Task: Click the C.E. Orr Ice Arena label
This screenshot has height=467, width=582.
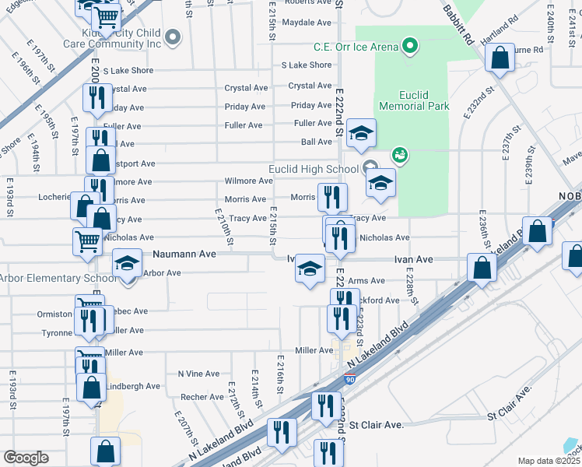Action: coord(356,47)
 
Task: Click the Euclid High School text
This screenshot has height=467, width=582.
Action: coord(313,169)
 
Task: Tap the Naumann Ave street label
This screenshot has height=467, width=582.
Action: coord(184,254)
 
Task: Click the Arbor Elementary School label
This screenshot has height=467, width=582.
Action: coord(58,278)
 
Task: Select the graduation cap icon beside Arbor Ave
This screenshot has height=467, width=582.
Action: coord(127,263)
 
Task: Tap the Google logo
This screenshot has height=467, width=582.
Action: coord(26,458)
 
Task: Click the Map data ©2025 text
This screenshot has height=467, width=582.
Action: coord(549,461)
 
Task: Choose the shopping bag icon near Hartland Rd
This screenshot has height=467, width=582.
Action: coord(499,57)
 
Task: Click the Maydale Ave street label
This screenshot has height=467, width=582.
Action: coord(307,23)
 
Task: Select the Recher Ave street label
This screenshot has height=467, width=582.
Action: coord(202,397)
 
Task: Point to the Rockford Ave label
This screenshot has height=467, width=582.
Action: coord(379,300)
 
